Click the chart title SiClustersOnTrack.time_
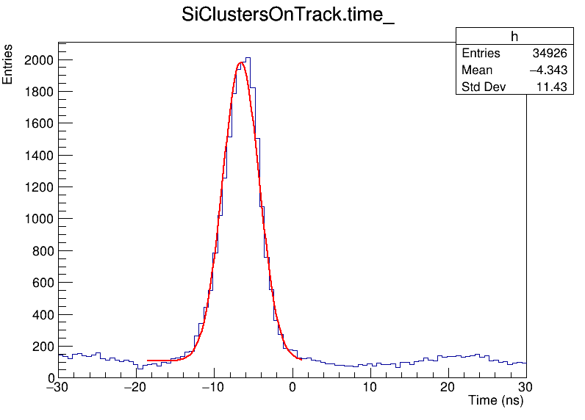tap(288, 16)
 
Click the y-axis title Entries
tap(8, 65)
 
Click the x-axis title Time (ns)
tap(495, 402)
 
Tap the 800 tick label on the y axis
tap(41, 251)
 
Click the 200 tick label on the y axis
tap(41, 347)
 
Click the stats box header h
tap(514, 37)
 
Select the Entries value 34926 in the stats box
tap(549, 54)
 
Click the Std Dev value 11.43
tap(551, 87)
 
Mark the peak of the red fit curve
tap(240, 63)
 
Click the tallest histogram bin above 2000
tap(248, 58)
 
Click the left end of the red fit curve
tap(148, 361)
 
